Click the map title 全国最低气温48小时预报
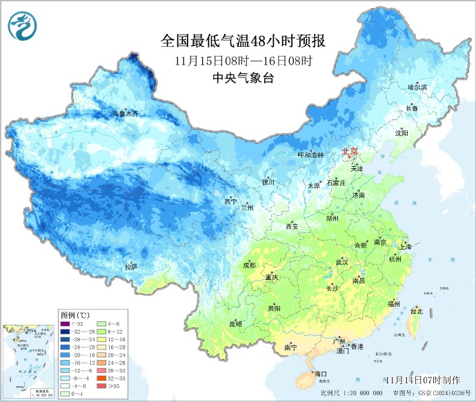click(243, 41)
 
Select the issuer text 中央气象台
click(244, 78)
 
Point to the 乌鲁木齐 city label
click(126, 113)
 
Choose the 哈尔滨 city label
click(417, 88)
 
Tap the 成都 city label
click(249, 265)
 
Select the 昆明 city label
click(235, 323)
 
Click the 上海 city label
click(405, 246)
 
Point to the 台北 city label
click(417, 311)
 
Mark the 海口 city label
click(319, 374)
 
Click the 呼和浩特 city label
click(310, 155)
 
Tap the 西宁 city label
click(230, 201)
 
